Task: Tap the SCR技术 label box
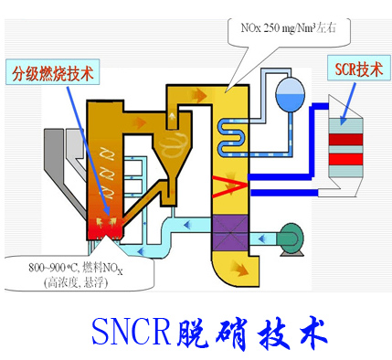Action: tap(355, 69)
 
